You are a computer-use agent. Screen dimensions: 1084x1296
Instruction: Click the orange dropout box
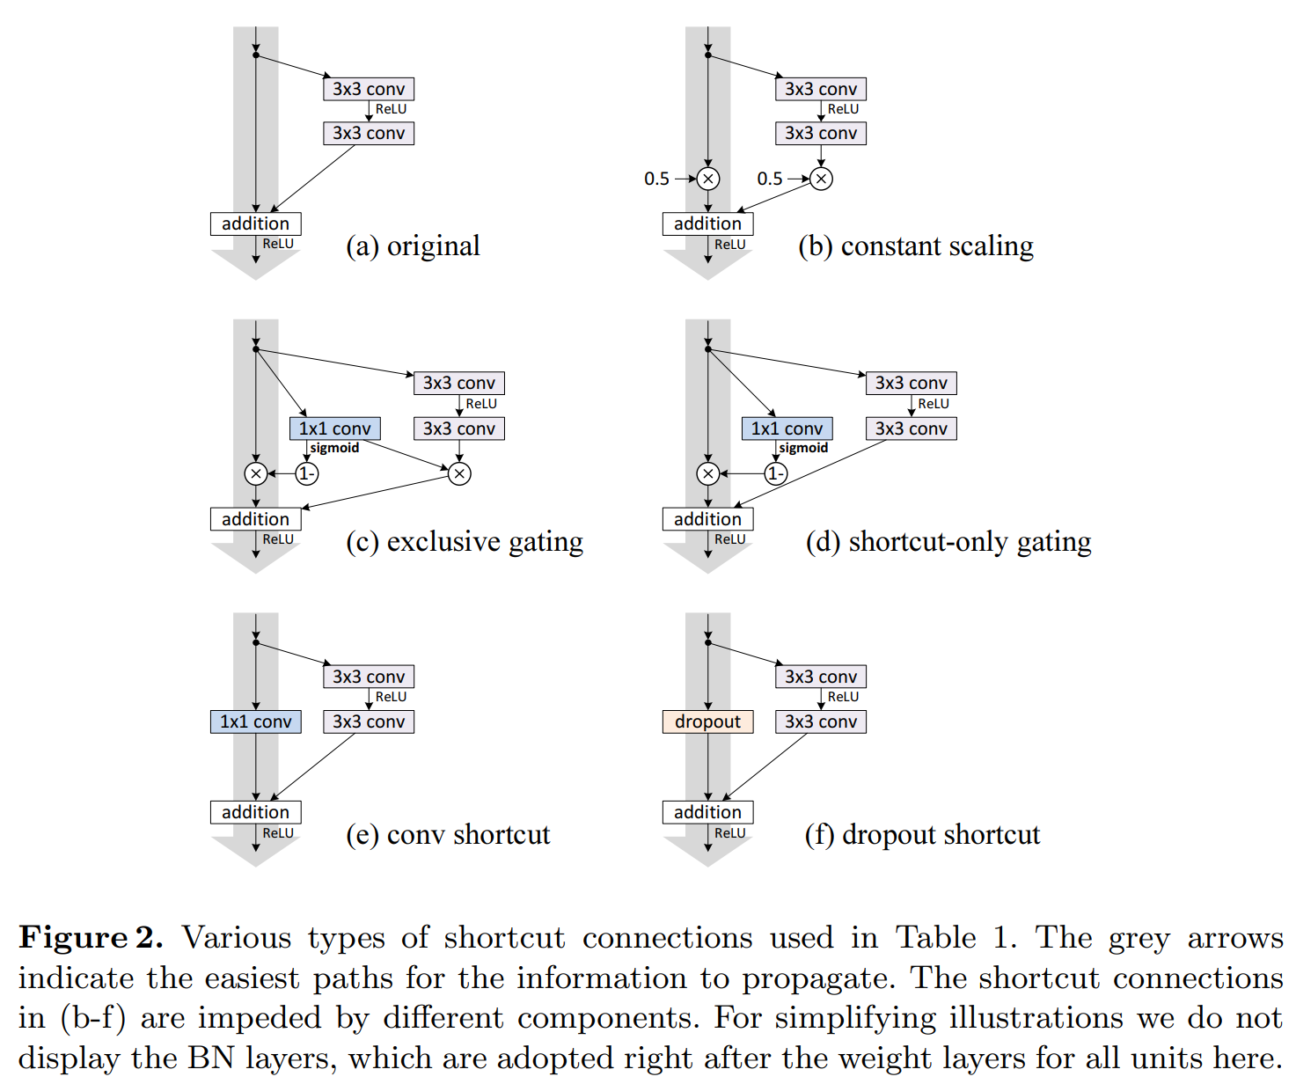tap(707, 722)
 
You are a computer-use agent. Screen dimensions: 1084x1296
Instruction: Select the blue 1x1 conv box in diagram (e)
tap(255, 722)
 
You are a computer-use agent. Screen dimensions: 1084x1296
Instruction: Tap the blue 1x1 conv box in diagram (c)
tap(335, 428)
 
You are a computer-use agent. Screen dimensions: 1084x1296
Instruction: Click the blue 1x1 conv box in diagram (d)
tap(787, 428)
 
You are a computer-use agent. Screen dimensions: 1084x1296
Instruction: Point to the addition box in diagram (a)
tap(255, 223)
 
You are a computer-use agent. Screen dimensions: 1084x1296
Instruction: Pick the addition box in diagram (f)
tap(707, 812)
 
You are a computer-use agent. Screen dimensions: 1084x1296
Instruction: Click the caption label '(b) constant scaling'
tap(915, 246)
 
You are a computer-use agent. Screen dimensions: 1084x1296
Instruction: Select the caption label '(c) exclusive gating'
tap(465, 542)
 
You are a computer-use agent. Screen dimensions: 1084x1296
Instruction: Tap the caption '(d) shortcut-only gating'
tap(948, 542)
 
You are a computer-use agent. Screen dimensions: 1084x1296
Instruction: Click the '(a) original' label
tap(413, 246)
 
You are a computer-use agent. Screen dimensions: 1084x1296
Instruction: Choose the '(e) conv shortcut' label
tap(448, 835)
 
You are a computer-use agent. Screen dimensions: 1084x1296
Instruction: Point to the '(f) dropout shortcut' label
tap(922, 835)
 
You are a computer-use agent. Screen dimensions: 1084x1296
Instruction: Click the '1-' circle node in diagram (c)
tap(306, 474)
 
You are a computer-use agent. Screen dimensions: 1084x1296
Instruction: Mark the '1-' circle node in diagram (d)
tap(775, 474)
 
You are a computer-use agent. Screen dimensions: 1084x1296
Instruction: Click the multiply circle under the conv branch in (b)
tap(821, 179)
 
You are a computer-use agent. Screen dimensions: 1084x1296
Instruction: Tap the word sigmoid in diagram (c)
tap(334, 449)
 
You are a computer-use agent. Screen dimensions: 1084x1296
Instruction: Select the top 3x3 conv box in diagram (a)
tap(369, 89)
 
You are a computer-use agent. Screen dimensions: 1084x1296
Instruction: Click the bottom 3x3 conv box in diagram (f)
tap(821, 722)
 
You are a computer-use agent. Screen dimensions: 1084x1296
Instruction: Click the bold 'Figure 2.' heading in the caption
tap(91, 938)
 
